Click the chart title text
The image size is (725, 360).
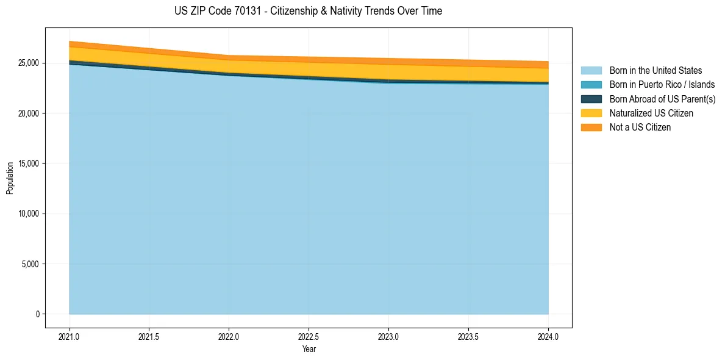click(308, 11)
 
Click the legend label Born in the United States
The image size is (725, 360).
click(655, 71)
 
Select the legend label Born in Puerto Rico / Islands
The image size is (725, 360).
click(662, 85)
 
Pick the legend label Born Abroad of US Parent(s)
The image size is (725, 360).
click(662, 99)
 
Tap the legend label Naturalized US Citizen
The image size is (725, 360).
click(651, 113)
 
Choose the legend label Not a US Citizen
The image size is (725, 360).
click(640, 128)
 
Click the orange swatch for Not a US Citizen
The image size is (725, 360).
click(591, 128)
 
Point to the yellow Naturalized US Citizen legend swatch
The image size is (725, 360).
click(591, 113)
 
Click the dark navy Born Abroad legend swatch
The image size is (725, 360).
click(591, 99)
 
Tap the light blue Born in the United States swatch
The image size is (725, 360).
click(591, 71)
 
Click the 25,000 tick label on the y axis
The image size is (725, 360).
click(27, 63)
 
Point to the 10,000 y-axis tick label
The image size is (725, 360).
click(27, 214)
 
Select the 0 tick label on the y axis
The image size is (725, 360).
click(37, 314)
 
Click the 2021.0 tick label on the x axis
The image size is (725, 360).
click(70, 336)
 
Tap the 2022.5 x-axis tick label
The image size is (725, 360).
click(309, 336)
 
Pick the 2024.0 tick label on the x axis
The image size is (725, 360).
click(548, 336)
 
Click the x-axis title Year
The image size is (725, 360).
click(309, 349)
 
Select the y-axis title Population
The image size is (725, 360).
click(10, 178)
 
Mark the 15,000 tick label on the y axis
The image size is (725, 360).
click(27, 164)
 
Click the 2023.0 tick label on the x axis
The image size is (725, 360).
click(388, 336)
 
